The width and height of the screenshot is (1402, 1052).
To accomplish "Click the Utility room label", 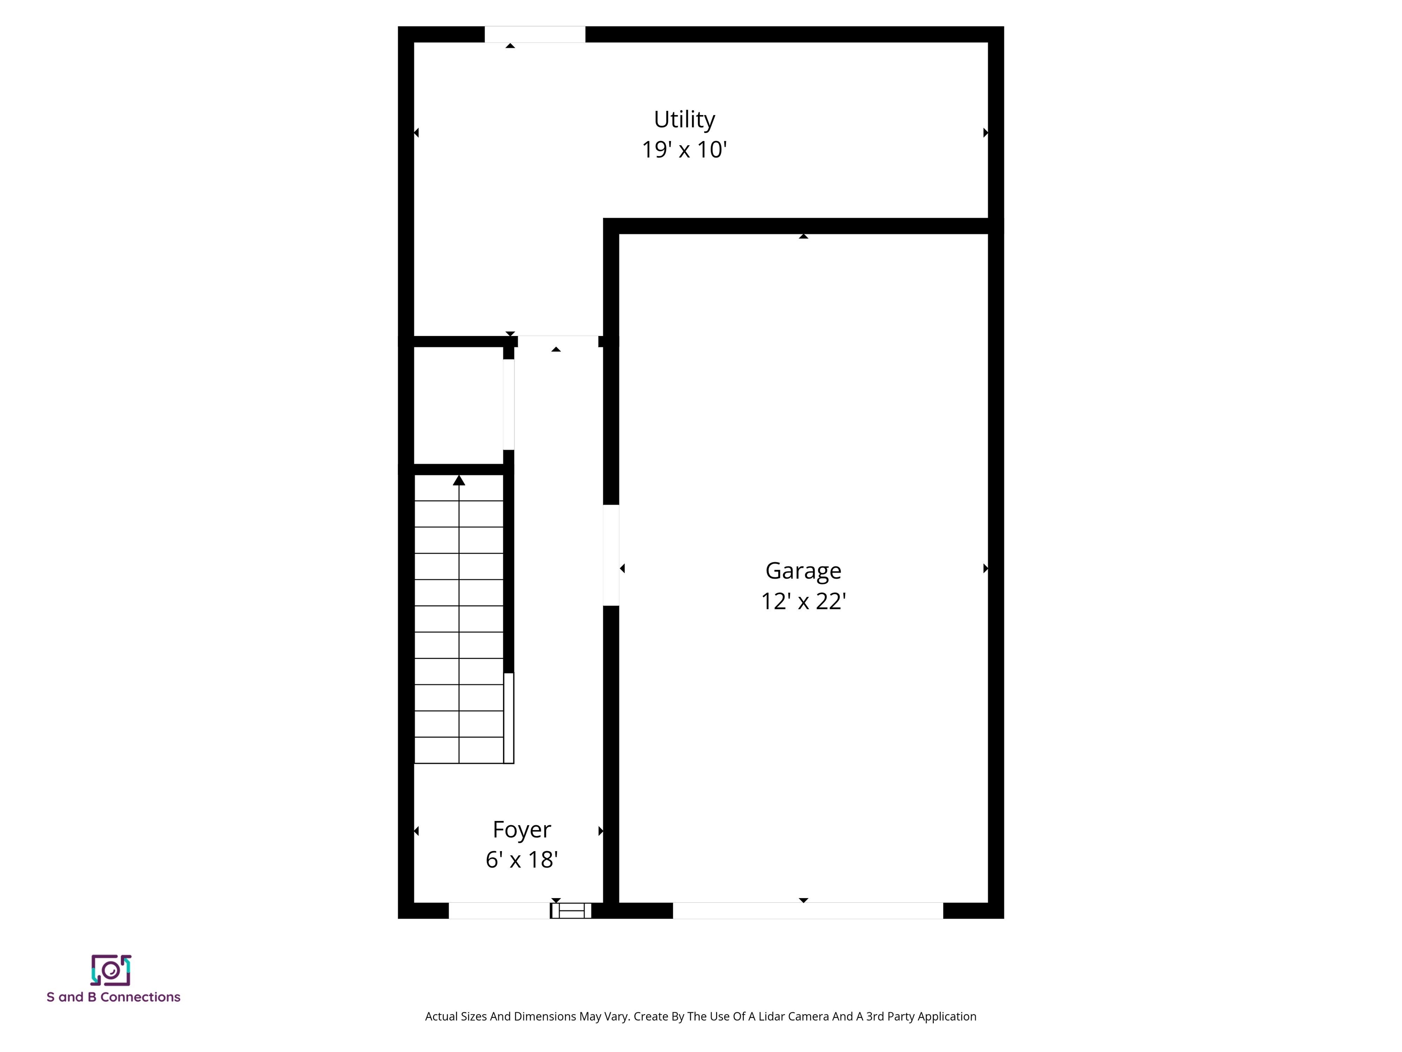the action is click(685, 119).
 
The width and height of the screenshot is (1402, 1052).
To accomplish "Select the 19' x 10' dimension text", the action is click(685, 150).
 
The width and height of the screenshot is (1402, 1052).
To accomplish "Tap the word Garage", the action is click(803, 571).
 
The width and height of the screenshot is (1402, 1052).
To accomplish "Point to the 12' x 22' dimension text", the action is click(804, 601).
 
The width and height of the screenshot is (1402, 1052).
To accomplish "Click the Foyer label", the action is click(522, 830).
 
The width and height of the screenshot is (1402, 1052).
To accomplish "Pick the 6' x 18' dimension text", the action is click(522, 860).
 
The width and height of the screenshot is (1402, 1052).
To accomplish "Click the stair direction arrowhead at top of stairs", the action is click(459, 481).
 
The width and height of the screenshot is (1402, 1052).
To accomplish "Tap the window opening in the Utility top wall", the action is click(535, 34).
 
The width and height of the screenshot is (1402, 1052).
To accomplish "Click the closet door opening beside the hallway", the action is click(508, 405).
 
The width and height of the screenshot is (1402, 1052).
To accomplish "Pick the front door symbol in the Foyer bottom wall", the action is click(570, 910).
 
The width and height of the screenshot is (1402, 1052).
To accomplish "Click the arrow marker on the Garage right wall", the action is click(986, 568).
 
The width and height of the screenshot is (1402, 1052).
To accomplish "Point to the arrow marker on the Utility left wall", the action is click(416, 132).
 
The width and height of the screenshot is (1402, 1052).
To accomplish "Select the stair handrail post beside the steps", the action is click(508, 718).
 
